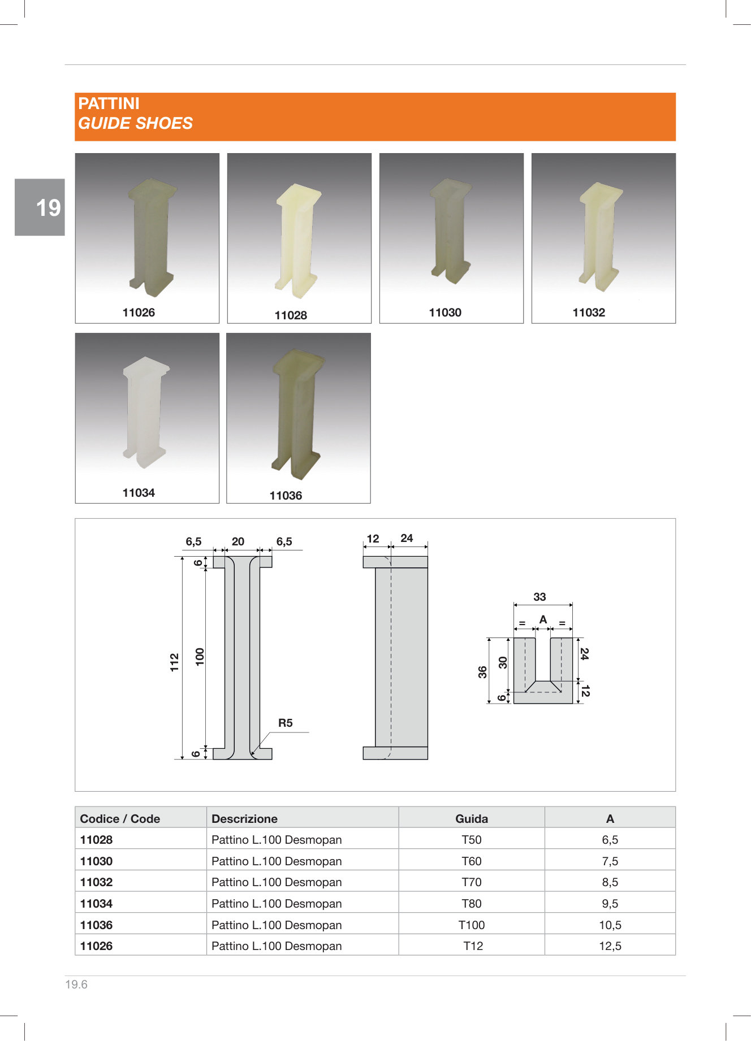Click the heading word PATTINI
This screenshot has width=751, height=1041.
coord(109,103)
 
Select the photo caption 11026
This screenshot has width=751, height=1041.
coord(139,313)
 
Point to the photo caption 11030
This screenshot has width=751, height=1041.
coord(445,313)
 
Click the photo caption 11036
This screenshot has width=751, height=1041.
coord(286,496)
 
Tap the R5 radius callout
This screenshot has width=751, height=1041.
coord(286,723)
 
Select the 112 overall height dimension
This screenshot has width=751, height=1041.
coord(174,662)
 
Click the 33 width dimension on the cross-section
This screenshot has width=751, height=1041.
coord(539,597)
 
